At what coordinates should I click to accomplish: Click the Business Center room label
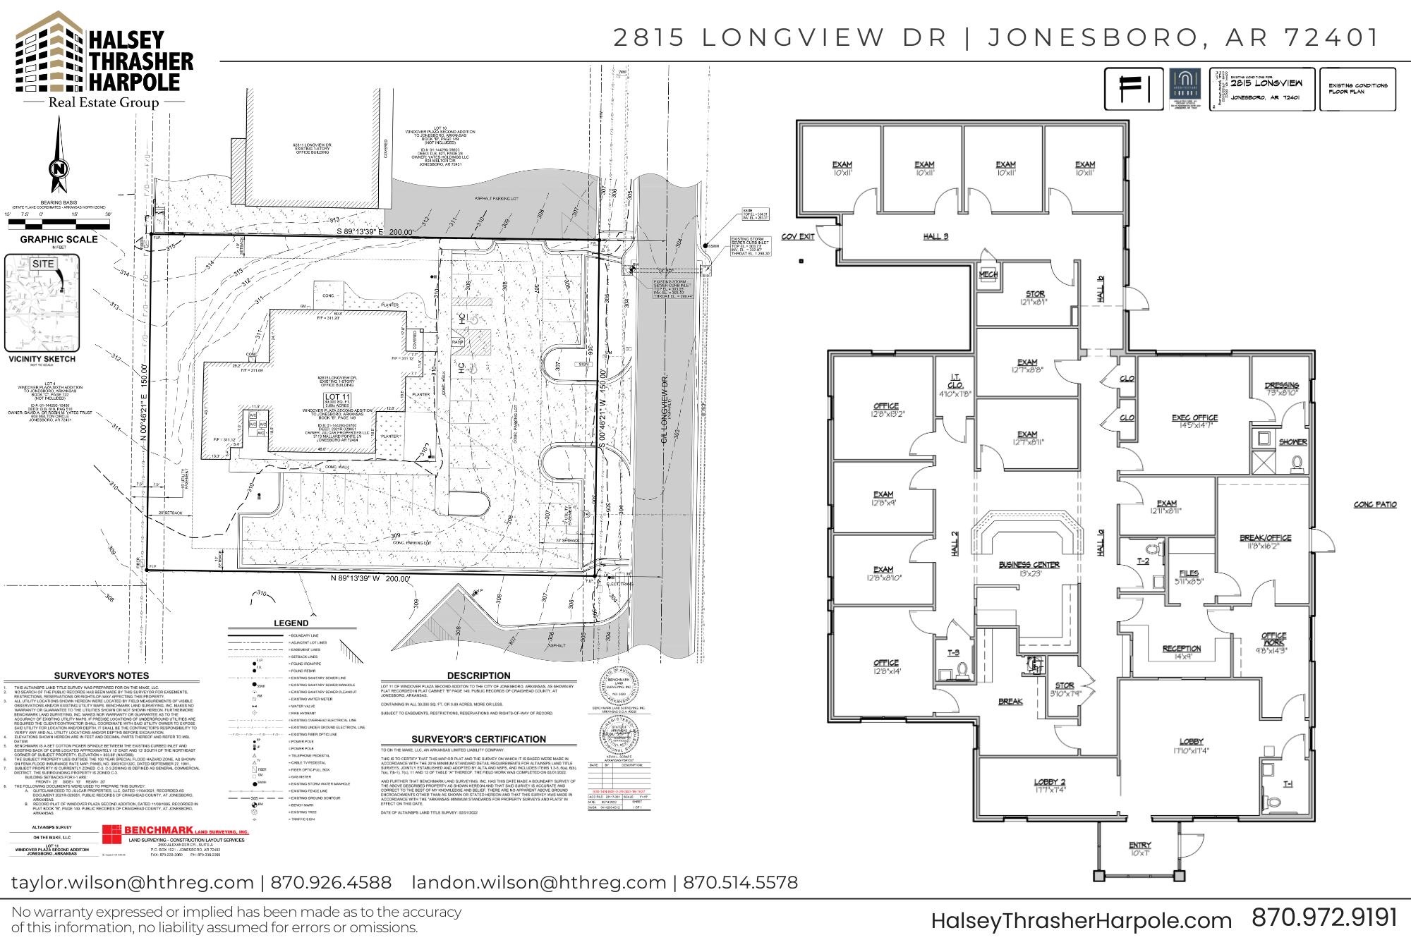click(x=1029, y=565)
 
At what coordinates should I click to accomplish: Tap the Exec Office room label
click(x=1194, y=417)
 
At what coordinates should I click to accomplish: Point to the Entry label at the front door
click(x=1139, y=845)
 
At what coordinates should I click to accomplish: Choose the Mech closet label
click(x=988, y=275)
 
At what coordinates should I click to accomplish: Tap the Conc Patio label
click(x=1375, y=504)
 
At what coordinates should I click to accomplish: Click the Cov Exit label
click(x=798, y=236)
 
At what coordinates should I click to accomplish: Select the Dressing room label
click(x=1282, y=385)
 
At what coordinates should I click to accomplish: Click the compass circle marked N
click(x=59, y=169)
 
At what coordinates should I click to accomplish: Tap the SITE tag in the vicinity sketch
click(x=43, y=264)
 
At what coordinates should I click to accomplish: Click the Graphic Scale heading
click(x=59, y=239)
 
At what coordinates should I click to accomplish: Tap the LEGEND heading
click(x=291, y=623)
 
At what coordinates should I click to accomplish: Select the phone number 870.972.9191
click(x=1324, y=917)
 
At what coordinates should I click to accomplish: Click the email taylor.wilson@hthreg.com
click(x=132, y=882)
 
